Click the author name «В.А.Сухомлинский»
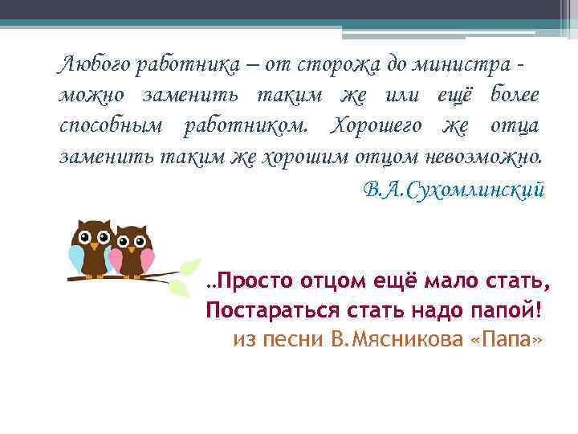[x=454, y=190]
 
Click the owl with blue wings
[x=89, y=246]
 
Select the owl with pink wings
[x=131, y=252]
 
